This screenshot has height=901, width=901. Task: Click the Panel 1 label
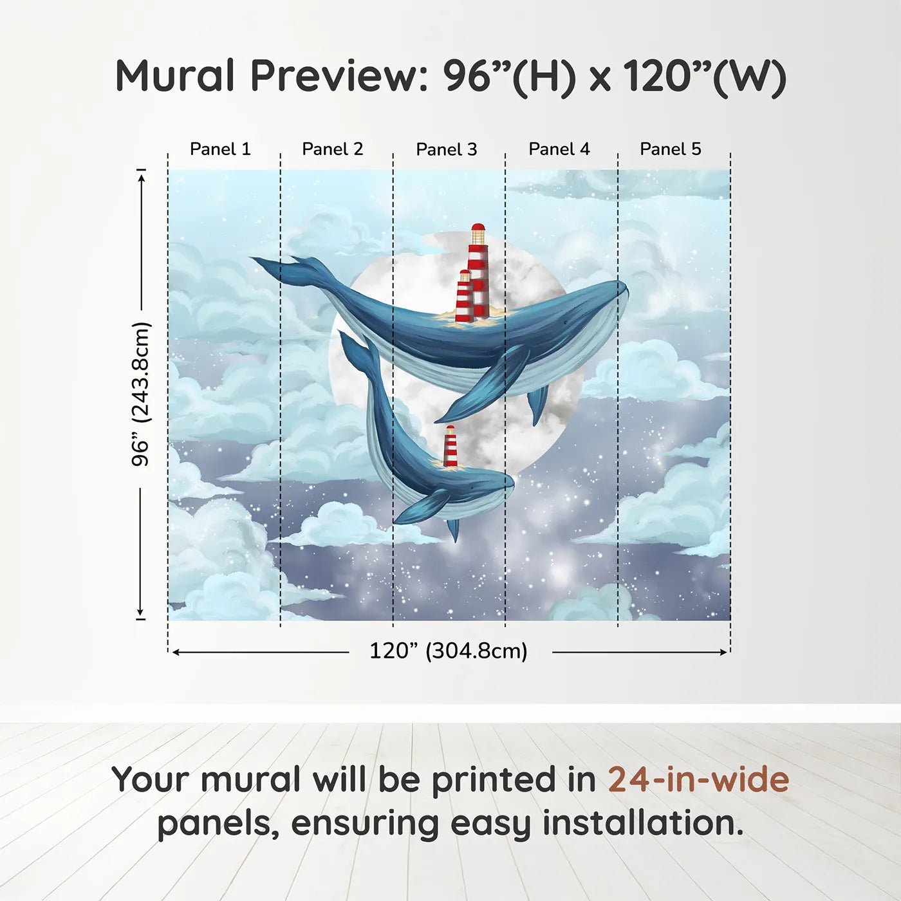(220, 149)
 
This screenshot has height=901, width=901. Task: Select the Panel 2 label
(333, 149)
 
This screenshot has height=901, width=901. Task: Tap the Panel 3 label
(447, 150)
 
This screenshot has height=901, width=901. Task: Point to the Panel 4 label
(559, 149)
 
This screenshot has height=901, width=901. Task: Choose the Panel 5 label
(671, 149)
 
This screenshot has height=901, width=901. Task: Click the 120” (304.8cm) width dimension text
(449, 651)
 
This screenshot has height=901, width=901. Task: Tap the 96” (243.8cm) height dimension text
(140, 394)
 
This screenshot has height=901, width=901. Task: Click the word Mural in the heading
(175, 76)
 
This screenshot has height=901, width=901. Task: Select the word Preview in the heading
(334, 76)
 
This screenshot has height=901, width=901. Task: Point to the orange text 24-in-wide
(698, 779)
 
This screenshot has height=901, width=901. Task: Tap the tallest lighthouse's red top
(478, 228)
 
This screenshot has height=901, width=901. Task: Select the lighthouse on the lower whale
(450, 446)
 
